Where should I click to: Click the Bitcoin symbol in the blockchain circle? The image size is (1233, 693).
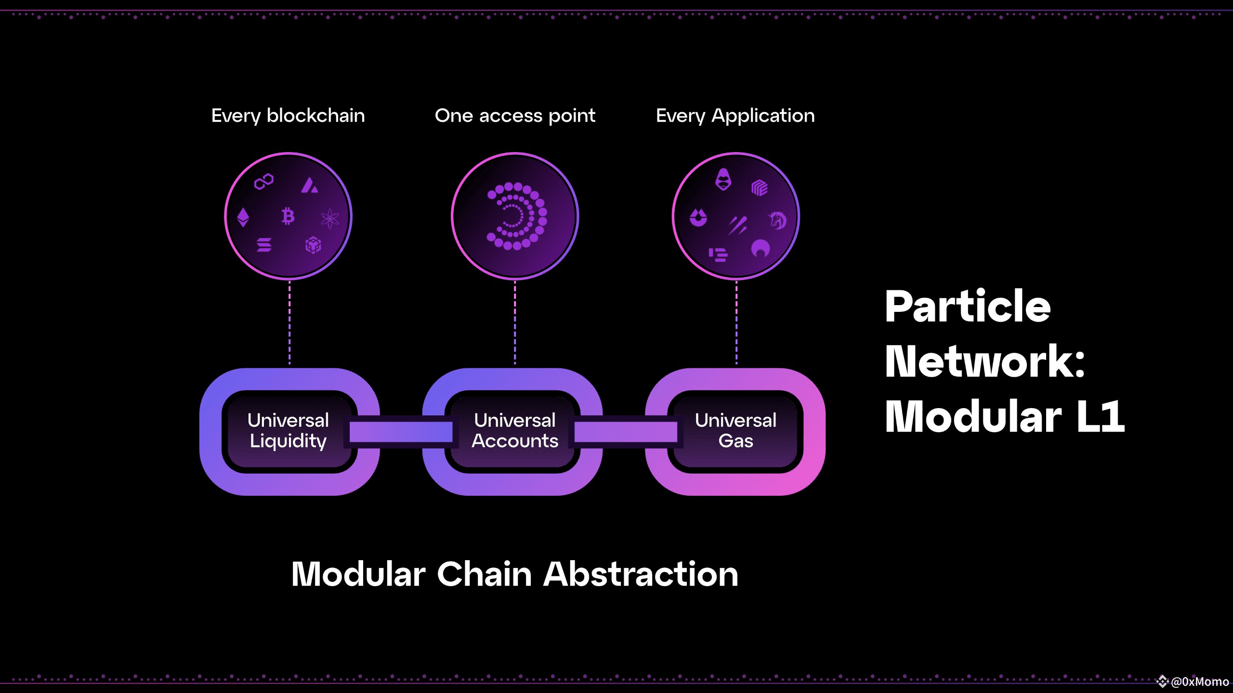pyautogui.click(x=288, y=216)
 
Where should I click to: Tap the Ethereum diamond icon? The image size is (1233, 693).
pyautogui.click(x=243, y=217)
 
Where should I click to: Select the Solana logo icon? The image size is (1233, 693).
pyautogui.click(x=264, y=245)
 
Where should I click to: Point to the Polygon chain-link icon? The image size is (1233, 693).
pyautogui.click(x=264, y=181)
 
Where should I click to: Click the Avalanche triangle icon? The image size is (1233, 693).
pyautogui.click(x=309, y=185)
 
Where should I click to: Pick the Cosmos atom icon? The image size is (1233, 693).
pyautogui.click(x=330, y=219)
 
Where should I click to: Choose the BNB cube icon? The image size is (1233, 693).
pyautogui.click(x=313, y=245)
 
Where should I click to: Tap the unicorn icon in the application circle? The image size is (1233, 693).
pyautogui.click(x=777, y=220)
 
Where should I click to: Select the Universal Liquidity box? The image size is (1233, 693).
pyautogui.click(x=289, y=431)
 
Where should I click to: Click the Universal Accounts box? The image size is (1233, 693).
pyautogui.click(x=514, y=431)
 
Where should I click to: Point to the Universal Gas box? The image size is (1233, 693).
pyautogui.click(x=735, y=431)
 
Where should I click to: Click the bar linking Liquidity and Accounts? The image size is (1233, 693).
pyautogui.click(x=401, y=432)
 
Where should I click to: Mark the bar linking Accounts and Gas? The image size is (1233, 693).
pyautogui.click(x=626, y=432)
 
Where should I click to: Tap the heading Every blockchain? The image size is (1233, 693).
pyautogui.click(x=288, y=116)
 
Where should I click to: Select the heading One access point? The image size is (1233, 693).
pyautogui.click(x=515, y=116)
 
